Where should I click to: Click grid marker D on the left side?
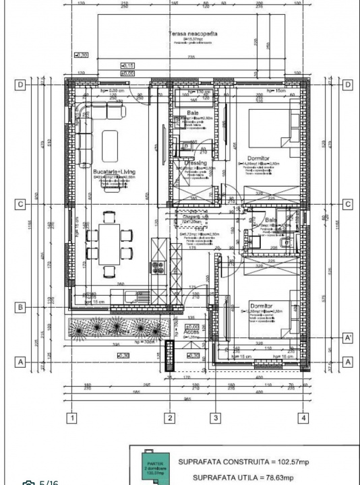click(22, 85)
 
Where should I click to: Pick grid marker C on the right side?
click(348, 204)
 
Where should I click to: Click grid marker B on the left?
click(22, 308)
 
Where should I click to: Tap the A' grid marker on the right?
click(348, 337)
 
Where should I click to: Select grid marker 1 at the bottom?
click(71, 418)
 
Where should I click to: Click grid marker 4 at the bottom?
click(303, 418)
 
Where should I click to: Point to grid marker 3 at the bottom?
click(215, 418)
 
